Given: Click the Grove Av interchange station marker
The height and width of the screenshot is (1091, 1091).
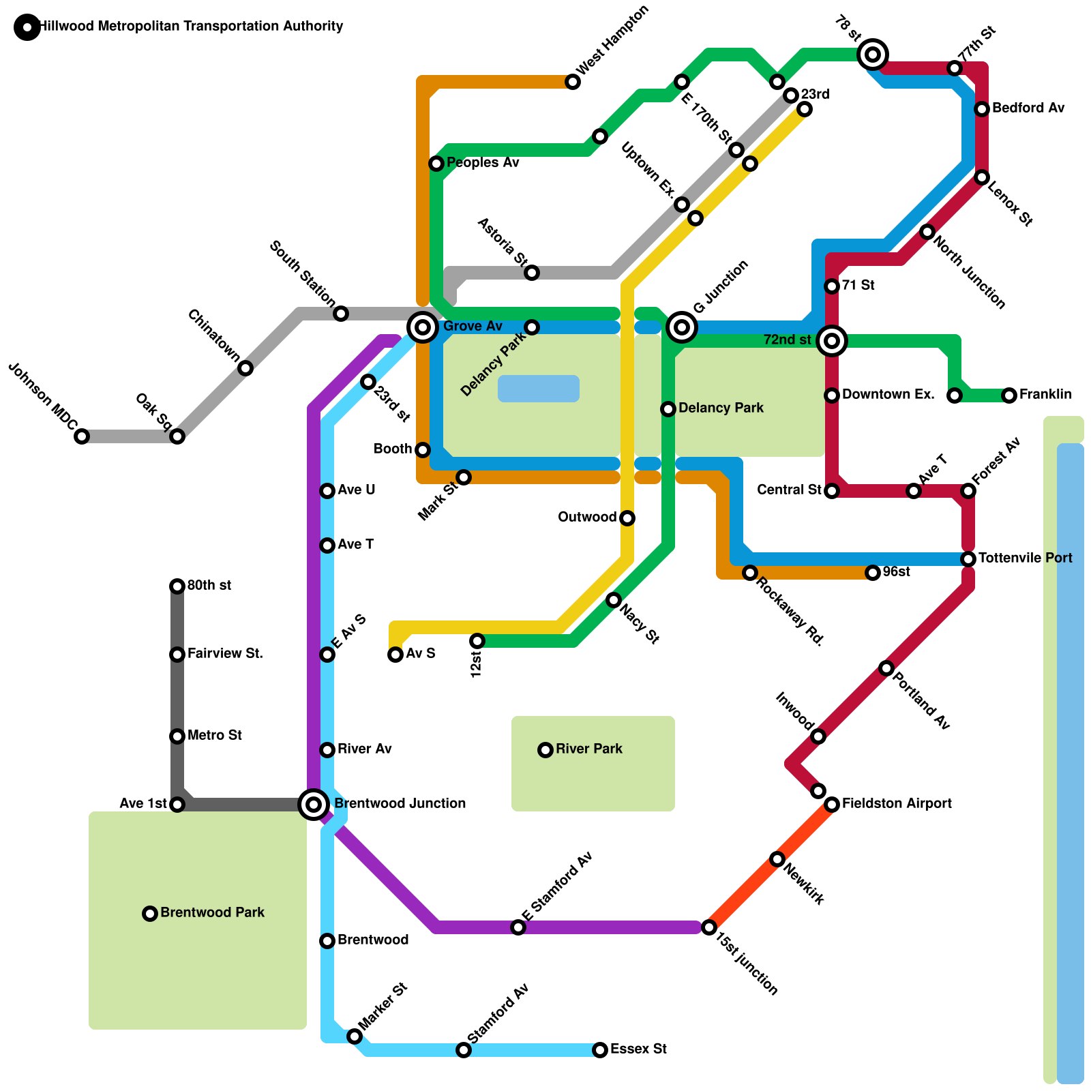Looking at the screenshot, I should (423, 327).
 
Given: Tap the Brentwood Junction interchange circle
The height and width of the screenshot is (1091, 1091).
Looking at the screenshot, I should (314, 805).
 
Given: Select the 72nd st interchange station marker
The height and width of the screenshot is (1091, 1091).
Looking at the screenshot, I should (832, 340).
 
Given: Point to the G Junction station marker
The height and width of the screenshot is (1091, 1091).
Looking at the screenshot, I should (682, 327).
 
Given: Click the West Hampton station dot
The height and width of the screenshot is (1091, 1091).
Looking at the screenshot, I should (573, 82).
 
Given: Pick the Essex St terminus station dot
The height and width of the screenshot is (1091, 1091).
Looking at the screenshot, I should (600, 1050).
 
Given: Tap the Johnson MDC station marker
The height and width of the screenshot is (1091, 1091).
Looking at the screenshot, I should (82, 436).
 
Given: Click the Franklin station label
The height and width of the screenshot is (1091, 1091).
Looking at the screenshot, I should (1045, 395).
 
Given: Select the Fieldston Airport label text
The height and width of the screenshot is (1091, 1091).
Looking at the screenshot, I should (897, 804).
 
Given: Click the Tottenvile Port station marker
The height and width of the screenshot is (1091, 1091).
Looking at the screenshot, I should (968, 559).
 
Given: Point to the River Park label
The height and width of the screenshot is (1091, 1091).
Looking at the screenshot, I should (589, 749).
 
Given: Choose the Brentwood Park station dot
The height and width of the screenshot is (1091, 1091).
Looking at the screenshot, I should (150, 914).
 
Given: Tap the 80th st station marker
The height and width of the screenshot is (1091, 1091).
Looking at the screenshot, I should (177, 586).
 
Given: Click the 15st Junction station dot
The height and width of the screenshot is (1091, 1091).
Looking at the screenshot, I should (709, 927).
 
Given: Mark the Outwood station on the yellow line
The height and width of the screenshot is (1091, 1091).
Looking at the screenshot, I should (627, 518).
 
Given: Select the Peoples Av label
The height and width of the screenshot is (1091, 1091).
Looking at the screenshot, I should (483, 163).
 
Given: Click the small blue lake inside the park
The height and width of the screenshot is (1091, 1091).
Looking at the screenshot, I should (539, 389).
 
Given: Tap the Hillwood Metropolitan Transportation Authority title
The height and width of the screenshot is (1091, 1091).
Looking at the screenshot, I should (191, 27).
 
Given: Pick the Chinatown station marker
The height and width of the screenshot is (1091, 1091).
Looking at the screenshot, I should (245, 368).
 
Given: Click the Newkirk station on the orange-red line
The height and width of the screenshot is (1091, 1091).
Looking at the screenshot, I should (777, 859).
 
